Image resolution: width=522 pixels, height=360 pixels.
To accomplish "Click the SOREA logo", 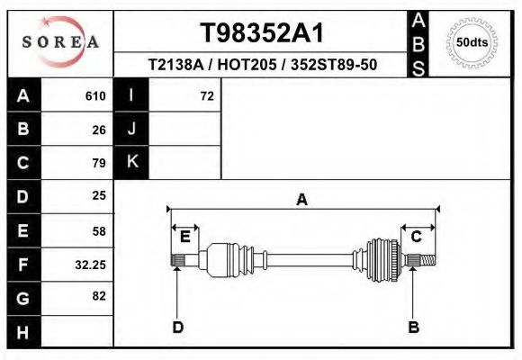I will (x=60, y=42).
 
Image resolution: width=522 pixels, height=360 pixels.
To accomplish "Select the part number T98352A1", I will (x=261, y=33).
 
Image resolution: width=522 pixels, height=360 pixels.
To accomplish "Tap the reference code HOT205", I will (x=263, y=66).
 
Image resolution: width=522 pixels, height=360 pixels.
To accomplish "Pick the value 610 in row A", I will (x=95, y=96).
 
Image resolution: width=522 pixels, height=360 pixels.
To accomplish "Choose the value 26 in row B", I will (x=98, y=130).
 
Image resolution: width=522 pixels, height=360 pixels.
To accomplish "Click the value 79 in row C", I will (x=98, y=163).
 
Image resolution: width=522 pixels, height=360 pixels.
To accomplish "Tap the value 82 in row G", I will (x=98, y=296).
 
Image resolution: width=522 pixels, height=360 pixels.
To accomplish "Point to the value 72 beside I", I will (x=206, y=96).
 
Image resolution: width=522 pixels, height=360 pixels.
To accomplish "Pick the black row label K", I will (x=131, y=163).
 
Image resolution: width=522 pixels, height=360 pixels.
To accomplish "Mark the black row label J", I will (x=131, y=130).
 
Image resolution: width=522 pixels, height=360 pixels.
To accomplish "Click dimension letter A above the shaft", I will (x=302, y=200).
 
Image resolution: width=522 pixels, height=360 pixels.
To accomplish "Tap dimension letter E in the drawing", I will (x=184, y=237).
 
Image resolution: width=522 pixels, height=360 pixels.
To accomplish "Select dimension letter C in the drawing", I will (x=417, y=237).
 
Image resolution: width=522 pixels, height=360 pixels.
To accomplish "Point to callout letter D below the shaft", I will (x=177, y=327).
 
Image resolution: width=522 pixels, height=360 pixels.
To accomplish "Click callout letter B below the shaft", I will (x=413, y=327).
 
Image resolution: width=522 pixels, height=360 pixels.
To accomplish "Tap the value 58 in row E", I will (x=98, y=230).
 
